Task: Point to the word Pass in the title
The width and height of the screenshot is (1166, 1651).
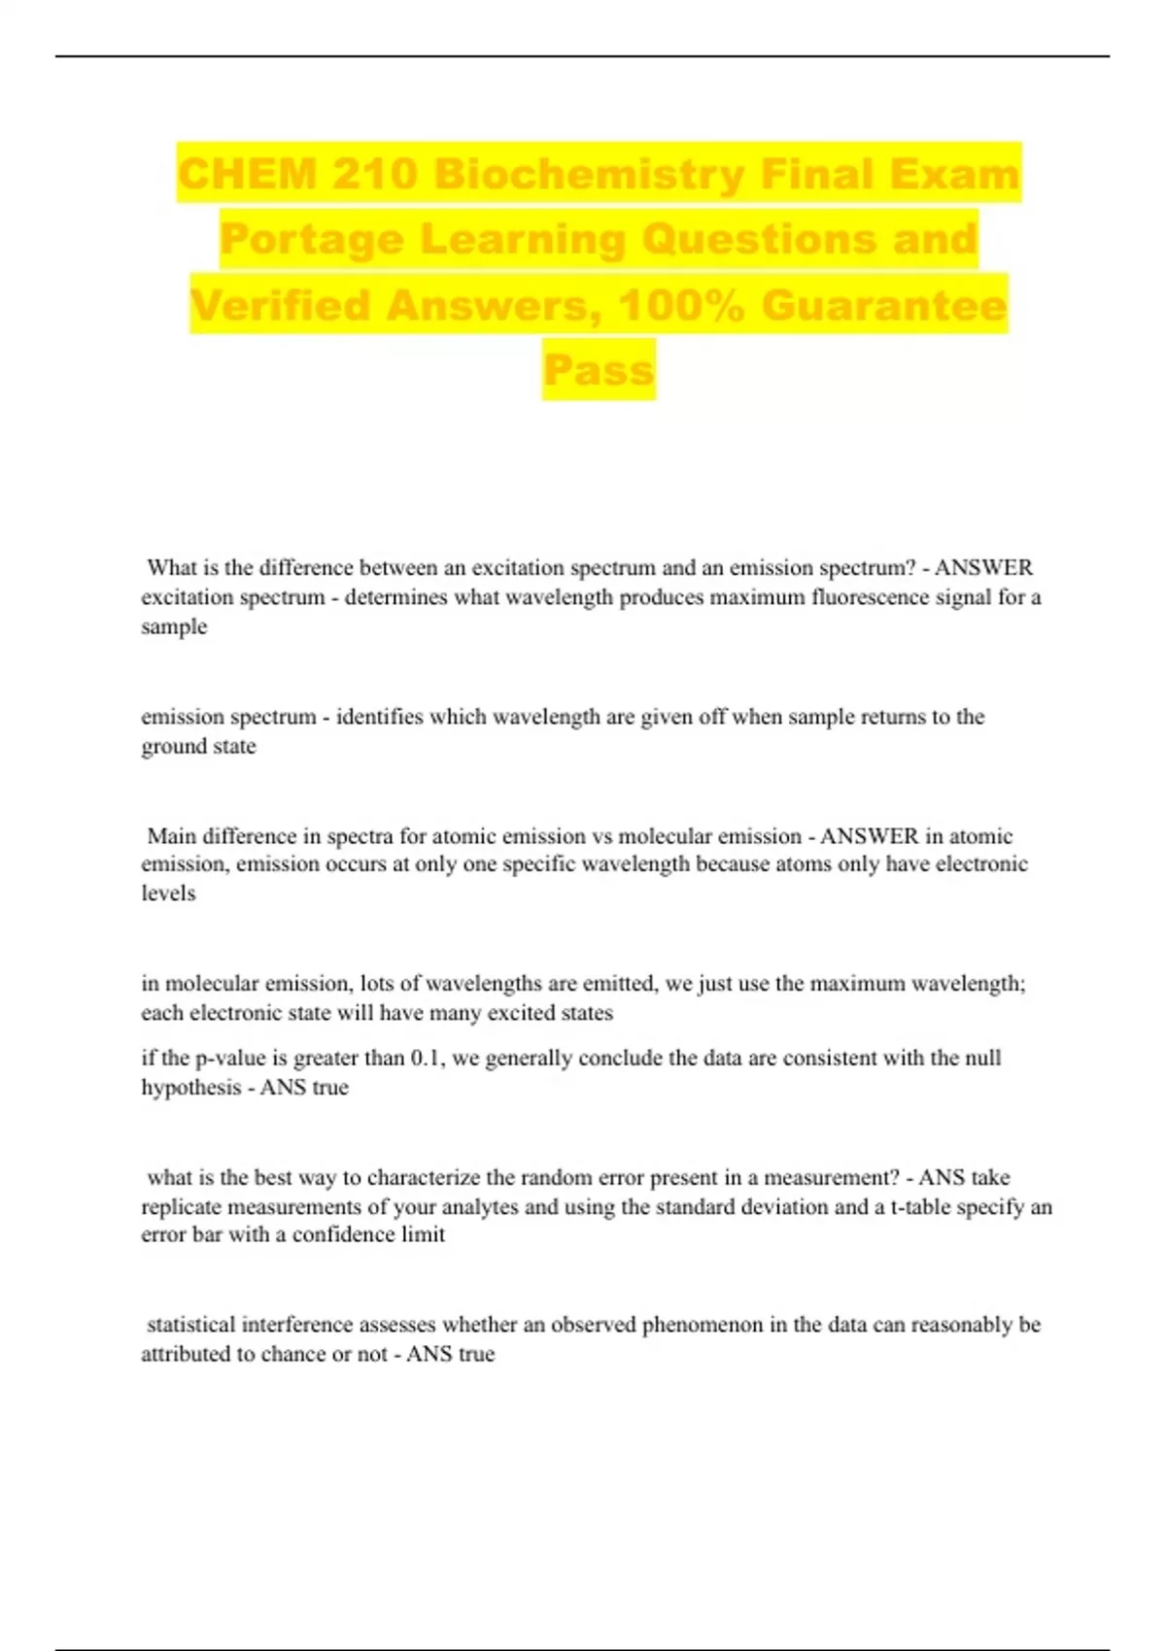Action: [599, 370]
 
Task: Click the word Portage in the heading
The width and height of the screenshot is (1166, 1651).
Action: [311, 240]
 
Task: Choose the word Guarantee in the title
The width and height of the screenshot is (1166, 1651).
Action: [884, 305]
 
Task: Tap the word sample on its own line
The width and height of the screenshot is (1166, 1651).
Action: [174, 626]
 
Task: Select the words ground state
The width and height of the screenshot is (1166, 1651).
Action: [198, 746]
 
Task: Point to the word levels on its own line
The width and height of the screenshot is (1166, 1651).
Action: [168, 893]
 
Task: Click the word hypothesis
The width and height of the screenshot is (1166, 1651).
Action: [189, 1088]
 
